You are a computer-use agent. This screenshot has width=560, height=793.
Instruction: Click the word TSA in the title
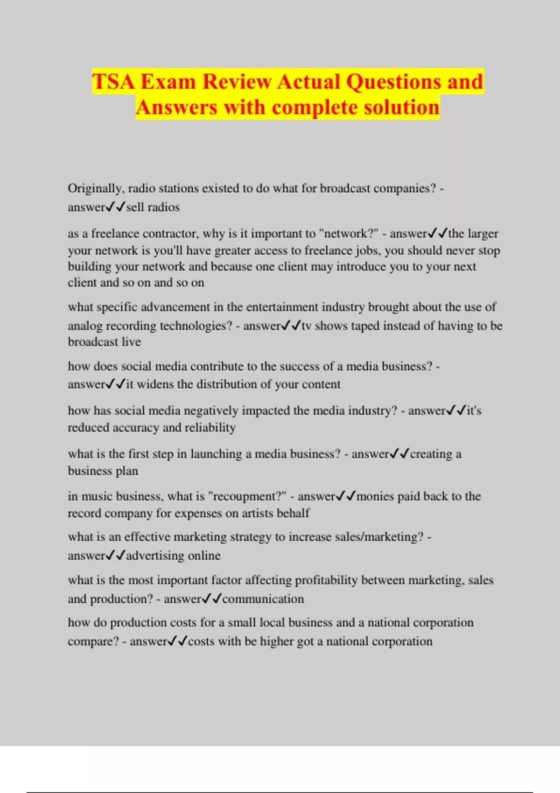coord(113,82)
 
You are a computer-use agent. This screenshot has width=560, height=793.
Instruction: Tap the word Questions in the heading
coord(394,82)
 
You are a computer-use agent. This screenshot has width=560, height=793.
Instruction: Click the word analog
coord(85,326)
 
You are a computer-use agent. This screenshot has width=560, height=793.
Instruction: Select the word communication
coord(263,599)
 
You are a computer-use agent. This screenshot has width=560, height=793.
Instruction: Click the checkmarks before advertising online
coord(116,555)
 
